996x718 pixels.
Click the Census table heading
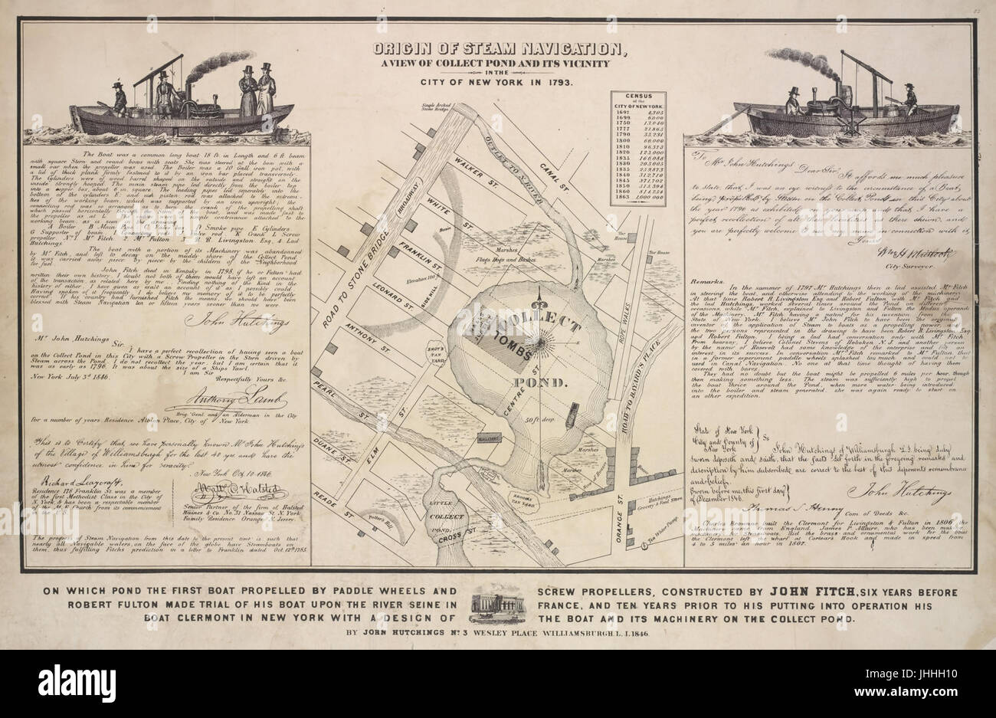638,97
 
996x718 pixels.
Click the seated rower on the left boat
119,98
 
